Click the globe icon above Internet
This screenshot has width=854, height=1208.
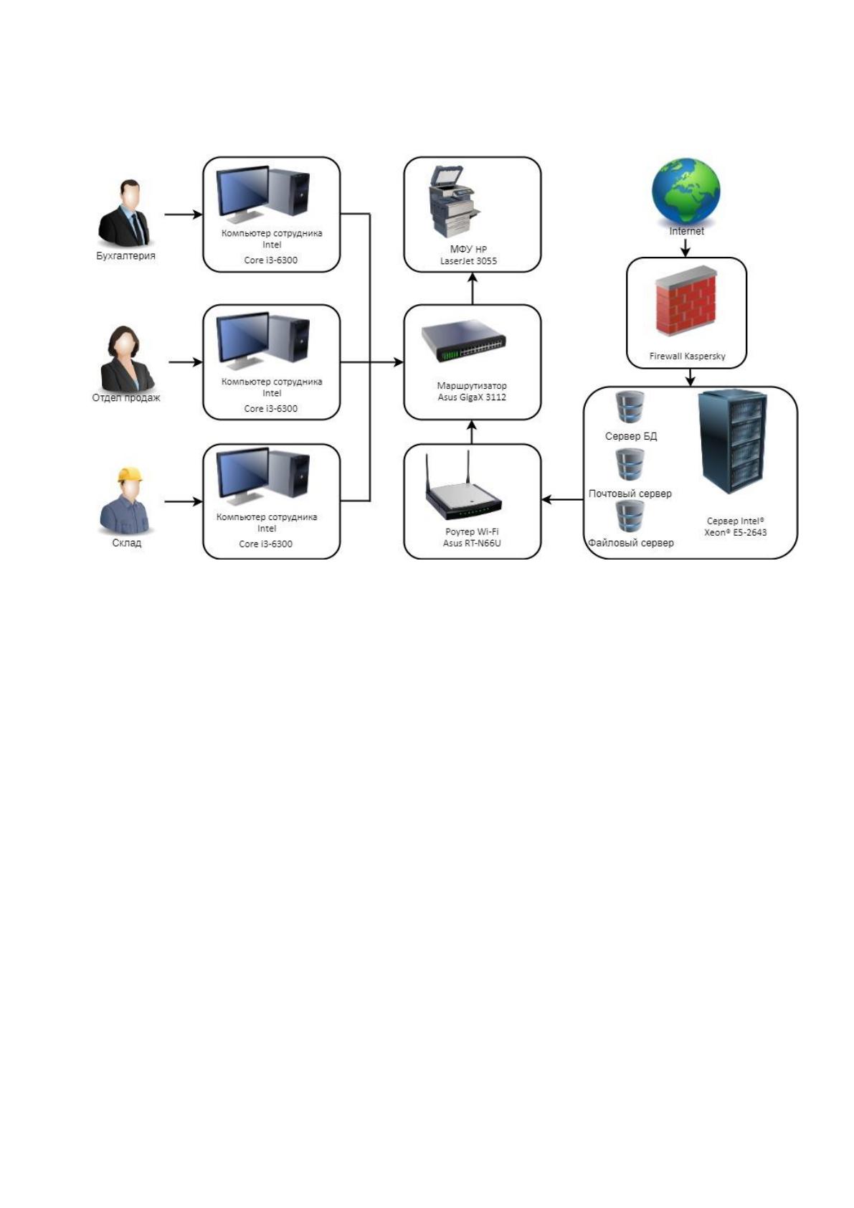(685, 191)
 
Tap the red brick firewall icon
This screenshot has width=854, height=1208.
(685, 301)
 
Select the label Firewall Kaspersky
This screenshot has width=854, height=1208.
(687, 356)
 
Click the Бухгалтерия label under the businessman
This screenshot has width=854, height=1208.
(125, 255)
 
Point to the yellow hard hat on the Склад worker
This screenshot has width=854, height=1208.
(131, 475)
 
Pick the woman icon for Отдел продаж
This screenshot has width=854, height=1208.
(127, 359)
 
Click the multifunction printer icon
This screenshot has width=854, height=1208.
(453, 202)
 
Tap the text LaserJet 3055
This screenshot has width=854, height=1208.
(468, 261)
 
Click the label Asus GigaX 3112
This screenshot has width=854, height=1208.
(472, 397)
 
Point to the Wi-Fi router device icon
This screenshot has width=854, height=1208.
(464, 486)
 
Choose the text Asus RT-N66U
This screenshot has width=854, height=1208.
(472, 543)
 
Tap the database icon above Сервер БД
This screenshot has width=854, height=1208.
(630, 407)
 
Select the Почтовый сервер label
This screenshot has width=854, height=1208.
(630, 494)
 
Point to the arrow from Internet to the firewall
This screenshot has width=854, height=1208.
(685, 247)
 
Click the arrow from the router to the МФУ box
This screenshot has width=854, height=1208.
(473, 288)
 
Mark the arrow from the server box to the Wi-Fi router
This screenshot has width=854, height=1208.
(561, 500)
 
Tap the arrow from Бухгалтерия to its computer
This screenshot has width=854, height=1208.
(184, 214)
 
